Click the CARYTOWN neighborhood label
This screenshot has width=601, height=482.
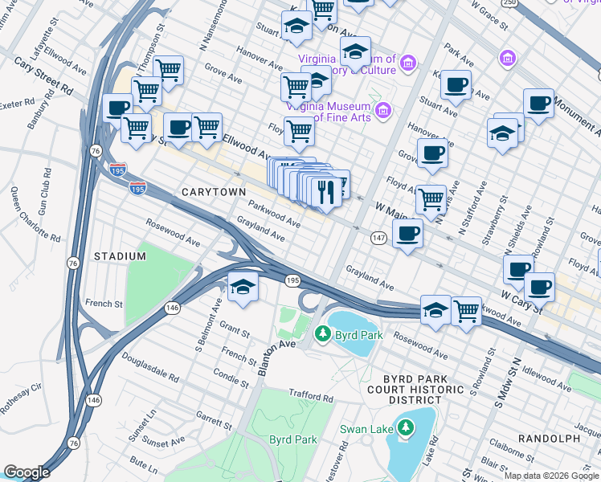212,192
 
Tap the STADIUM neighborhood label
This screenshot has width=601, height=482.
120,256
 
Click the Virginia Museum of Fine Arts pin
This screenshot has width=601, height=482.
382,109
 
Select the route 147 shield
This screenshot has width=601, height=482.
379,238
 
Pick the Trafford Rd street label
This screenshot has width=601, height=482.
310,396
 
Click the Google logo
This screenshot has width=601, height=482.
27,472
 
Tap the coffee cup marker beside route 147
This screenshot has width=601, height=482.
408,234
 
